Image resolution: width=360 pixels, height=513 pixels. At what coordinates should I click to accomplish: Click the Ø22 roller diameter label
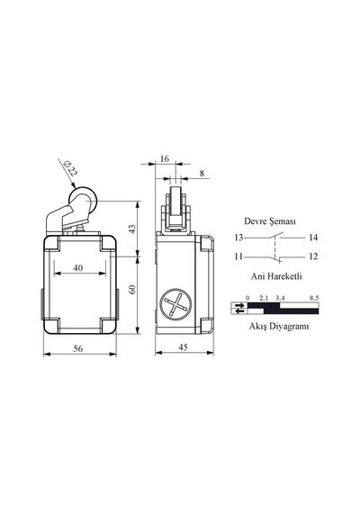pyautogui.click(x=70, y=167)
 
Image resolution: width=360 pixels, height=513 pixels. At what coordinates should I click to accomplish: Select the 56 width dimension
pyautogui.click(x=78, y=349)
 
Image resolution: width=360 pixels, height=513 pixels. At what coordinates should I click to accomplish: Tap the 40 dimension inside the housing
pyautogui.click(x=78, y=268)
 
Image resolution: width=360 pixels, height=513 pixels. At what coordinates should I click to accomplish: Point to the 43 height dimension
pyautogui.click(x=132, y=229)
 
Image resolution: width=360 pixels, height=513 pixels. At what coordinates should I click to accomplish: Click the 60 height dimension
pyautogui.click(x=132, y=289)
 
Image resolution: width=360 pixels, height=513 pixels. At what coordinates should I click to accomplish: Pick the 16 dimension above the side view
pyautogui.click(x=165, y=159)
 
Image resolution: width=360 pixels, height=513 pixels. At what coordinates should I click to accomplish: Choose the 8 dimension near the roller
pyautogui.click(x=202, y=173)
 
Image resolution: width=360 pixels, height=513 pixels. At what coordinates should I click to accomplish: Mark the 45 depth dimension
pyautogui.click(x=184, y=347)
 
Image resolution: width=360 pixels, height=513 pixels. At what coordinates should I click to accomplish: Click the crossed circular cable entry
pyautogui.click(x=175, y=303)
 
